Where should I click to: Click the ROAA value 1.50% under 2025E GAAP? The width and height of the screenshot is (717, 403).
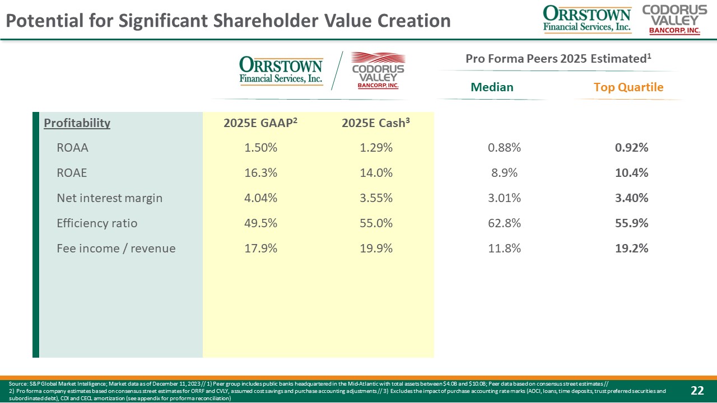coord(260,148)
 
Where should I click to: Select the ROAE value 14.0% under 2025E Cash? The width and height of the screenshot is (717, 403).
coord(375,173)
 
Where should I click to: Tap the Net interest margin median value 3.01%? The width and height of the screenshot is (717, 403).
coord(504,198)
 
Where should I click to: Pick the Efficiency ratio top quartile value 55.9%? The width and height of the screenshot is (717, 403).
coord(631,223)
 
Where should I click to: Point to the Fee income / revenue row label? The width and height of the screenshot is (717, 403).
coord(116,249)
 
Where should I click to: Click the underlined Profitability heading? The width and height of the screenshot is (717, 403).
coord(77,123)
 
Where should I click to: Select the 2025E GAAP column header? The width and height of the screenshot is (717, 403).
coord(260,123)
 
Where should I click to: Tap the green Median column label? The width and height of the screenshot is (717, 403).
coord(492,87)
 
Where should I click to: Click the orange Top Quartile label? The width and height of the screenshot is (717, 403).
coord(628,87)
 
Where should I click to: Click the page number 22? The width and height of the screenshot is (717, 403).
coord(697,390)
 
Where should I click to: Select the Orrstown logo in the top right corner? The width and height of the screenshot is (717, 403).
coord(587,19)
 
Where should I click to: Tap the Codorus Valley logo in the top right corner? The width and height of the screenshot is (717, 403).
coord(674,19)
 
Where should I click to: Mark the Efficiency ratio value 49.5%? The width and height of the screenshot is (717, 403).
coord(260,223)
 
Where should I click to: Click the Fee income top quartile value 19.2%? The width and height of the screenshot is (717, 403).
coord(631,249)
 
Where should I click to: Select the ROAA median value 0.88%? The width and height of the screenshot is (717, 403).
coord(504,148)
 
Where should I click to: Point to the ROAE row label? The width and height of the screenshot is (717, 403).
coord(72,173)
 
